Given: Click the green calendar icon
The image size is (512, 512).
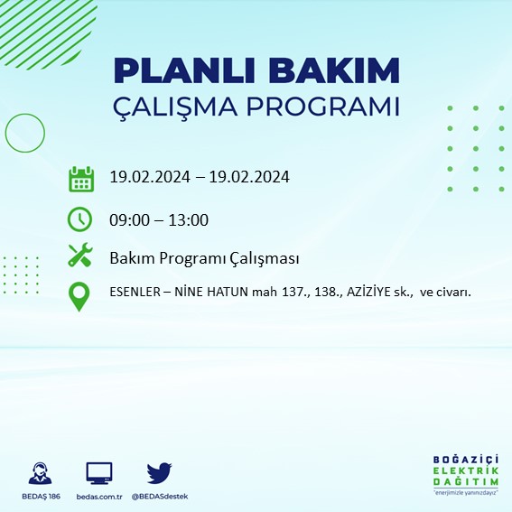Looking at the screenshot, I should click(81, 179).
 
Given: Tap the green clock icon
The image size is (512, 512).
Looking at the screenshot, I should click(80, 219).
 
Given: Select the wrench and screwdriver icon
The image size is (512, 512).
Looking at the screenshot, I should click(80, 256).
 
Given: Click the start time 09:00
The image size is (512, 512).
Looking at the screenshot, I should click(127, 219).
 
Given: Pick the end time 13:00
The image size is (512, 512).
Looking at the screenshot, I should click(190, 219).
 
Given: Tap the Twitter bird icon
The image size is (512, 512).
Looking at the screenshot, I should click(159, 472).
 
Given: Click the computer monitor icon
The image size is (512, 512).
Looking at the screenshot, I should click(98, 472).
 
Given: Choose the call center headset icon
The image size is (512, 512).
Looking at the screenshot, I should click(40, 472).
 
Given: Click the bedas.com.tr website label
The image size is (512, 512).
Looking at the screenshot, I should click(98, 496).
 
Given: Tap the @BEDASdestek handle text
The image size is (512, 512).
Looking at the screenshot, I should click(160, 496).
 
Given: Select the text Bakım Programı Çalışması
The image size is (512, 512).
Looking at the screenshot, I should click(204, 258).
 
